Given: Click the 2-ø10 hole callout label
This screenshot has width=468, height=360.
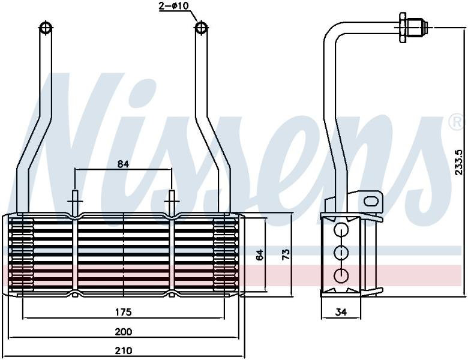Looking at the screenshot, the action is tap(173, 5).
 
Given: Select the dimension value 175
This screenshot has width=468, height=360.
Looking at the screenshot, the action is tap(124, 312).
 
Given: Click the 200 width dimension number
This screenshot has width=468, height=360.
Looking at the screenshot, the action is tap(124, 332).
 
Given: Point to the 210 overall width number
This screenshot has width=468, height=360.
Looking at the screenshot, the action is tap(124, 350).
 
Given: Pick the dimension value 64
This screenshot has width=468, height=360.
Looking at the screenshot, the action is tap(260, 254).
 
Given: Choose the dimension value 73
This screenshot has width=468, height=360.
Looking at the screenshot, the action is tap(286, 254).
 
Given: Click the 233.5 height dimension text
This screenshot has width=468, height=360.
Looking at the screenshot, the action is tap(459, 162).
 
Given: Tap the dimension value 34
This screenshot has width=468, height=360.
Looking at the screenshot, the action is tap(341, 312).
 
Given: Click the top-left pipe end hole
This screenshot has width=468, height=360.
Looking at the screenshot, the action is tap(46, 28).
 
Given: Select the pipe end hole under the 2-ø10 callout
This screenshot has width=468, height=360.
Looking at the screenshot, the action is tap(202, 28).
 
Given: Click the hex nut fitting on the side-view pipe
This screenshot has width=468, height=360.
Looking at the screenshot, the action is tap(402, 28).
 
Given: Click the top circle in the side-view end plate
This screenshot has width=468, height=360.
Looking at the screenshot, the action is tap(341, 230).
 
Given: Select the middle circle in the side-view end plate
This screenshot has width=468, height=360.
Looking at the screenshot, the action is tap(341, 253).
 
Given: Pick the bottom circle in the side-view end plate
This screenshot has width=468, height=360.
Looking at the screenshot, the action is tap(341, 275).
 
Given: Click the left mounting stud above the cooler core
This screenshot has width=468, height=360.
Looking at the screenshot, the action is tap(75, 202).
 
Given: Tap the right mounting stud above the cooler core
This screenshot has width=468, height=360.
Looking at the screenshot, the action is tap(172, 202).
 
